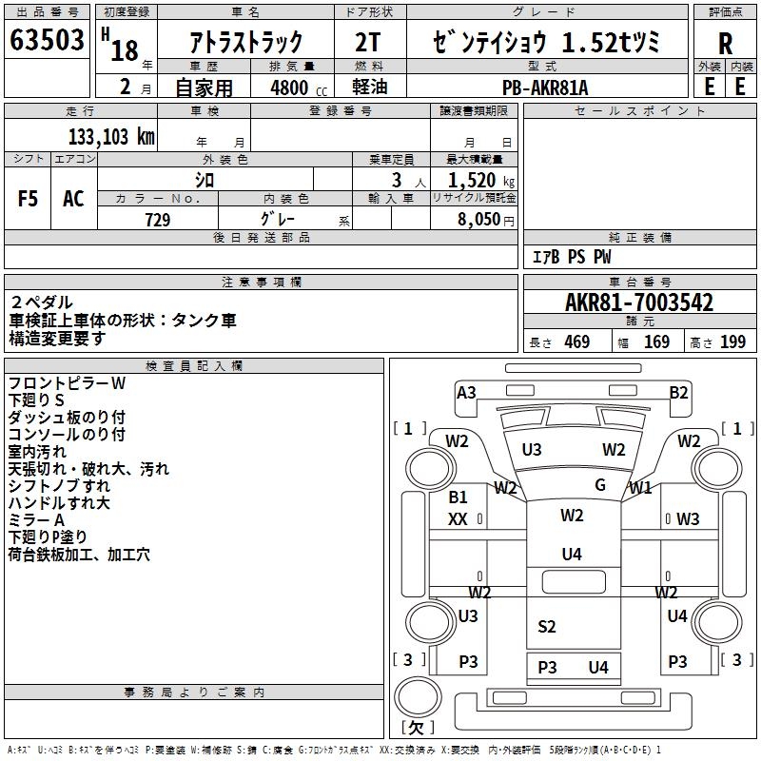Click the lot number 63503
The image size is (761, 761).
(x=47, y=42)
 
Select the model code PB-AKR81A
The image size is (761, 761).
(x=546, y=87)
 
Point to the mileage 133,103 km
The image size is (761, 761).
(x=111, y=136)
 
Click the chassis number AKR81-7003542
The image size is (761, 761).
(x=639, y=302)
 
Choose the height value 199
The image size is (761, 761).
(x=732, y=341)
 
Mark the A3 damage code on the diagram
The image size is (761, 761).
(x=466, y=392)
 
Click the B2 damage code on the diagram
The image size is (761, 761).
(x=678, y=392)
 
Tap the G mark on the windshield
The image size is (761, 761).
(x=600, y=485)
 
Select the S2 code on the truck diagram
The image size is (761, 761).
(x=546, y=626)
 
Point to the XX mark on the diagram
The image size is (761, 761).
(x=459, y=518)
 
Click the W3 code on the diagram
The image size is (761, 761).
(x=688, y=518)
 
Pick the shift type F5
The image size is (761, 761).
(x=29, y=199)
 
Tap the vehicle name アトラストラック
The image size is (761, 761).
(x=247, y=43)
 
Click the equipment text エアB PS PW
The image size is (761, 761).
(x=571, y=257)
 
